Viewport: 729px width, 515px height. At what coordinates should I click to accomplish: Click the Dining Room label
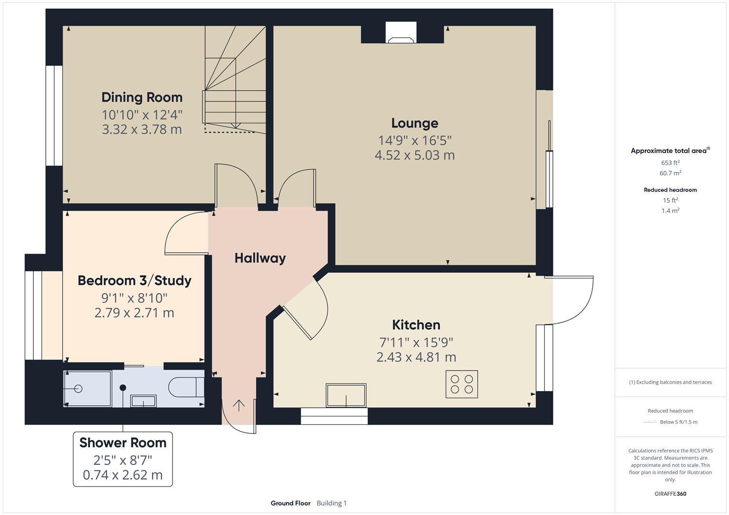(142, 97)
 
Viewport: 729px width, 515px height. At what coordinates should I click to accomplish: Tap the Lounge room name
(414, 123)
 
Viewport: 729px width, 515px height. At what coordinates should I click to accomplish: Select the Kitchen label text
(416, 325)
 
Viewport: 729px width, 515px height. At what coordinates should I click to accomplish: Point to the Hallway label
(260, 258)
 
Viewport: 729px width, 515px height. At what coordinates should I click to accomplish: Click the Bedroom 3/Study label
(134, 280)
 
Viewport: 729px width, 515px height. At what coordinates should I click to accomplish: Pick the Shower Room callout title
(123, 443)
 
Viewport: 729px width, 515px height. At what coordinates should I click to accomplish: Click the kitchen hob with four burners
(461, 384)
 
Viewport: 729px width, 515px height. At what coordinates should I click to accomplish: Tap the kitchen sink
(346, 395)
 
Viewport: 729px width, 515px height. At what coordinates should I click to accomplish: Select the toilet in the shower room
(186, 387)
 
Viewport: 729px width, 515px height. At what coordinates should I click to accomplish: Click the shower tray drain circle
(78, 389)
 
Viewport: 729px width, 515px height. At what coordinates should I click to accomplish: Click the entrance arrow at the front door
(239, 405)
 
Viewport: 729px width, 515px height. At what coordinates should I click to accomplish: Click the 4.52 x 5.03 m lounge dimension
(414, 155)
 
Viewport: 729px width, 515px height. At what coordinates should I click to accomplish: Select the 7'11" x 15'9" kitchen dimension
(416, 342)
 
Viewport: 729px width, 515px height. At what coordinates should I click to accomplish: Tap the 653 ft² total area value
(670, 163)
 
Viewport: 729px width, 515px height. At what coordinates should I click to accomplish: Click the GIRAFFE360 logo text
(670, 494)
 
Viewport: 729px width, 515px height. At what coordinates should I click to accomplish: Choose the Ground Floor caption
(290, 503)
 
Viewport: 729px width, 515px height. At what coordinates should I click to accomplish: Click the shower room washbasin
(143, 401)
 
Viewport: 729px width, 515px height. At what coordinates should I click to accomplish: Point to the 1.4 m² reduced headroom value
(670, 210)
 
